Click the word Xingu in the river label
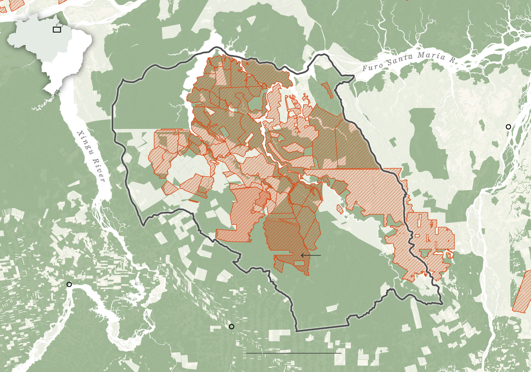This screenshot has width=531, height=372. (85, 143)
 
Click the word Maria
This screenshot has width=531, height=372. (431, 56)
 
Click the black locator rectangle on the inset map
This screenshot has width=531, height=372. (57, 30)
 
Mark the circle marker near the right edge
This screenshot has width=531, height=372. (508, 127)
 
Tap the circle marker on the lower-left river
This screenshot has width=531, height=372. (69, 284)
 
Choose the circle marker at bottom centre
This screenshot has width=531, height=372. (231, 327)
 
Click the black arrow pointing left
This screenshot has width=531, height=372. (311, 255)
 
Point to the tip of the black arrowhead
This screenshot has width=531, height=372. (301, 255)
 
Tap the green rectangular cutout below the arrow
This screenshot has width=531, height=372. (299, 263)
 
